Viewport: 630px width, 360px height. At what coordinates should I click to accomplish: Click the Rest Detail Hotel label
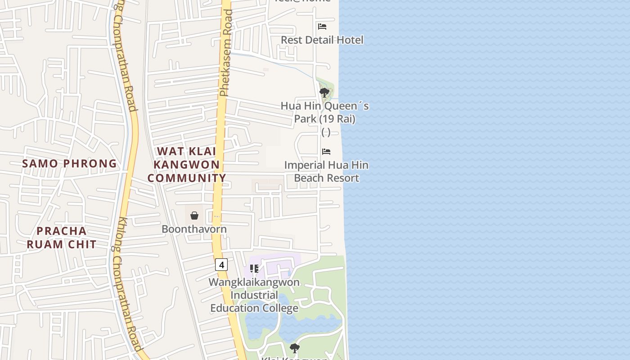click(322, 40)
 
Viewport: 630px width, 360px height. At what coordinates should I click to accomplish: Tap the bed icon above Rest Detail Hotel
click(322, 26)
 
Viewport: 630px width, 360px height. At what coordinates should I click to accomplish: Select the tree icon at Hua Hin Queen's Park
click(324, 93)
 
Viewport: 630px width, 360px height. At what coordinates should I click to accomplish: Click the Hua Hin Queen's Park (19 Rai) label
click(324, 112)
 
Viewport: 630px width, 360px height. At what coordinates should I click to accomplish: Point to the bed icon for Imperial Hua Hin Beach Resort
click(326, 152)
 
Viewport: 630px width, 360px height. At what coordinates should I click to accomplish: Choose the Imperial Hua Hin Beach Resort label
click(326, 171)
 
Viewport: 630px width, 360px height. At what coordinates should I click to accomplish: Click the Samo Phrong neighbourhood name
click(69, 163)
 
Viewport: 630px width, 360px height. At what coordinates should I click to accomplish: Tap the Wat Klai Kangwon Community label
click(186, 165)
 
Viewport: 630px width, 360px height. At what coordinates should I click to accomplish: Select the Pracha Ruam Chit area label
click(61, 238)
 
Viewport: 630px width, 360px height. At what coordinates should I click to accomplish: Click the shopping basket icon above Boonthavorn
click(194, 216)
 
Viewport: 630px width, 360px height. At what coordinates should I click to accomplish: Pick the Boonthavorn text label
click(194, 229)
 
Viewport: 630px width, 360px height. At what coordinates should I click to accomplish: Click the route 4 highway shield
click(221, 264)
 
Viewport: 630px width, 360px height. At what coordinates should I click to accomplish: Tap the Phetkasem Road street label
click(226, 53)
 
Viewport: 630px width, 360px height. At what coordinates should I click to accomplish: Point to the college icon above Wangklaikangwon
click(254, 269)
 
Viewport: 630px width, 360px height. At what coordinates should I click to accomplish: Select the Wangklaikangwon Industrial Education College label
click(254, 295)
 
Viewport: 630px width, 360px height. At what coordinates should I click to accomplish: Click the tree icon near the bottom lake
click(295, 348)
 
